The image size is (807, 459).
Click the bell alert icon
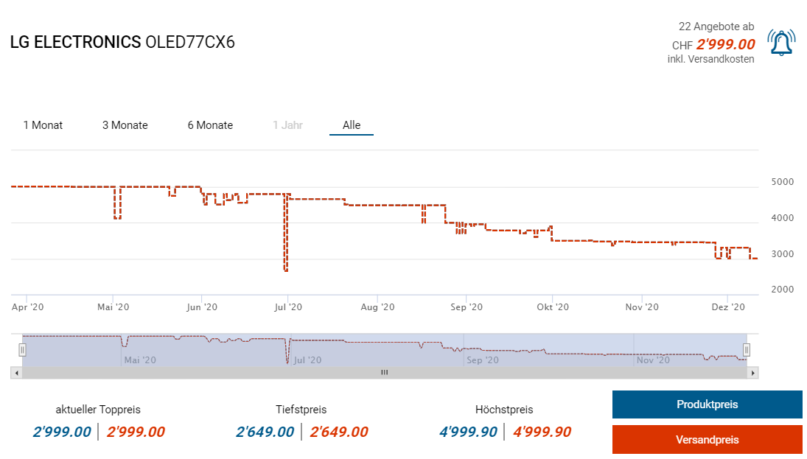[781, 43]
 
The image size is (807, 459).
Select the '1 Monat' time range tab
[43, 125]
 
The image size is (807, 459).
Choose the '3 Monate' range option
[125, 125]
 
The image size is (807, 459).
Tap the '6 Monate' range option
[210, 125]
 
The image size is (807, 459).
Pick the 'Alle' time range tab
[352, 125]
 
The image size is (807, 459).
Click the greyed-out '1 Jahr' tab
[287, 125]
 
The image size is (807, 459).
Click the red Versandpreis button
[707, 440]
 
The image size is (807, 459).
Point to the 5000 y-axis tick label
[782, 182]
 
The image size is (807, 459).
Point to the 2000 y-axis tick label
[782, 290]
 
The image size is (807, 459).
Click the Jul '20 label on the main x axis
[288, 307]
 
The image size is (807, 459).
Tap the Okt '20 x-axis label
[553, 307]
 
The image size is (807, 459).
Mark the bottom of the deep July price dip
[286, 270]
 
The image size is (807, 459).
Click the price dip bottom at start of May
[117, 218]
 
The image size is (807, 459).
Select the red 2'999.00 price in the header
[725, 44]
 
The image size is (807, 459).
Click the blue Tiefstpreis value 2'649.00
[265, 432]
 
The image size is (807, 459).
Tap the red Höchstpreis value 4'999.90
[541, 432]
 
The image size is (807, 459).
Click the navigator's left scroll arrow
[15, 373]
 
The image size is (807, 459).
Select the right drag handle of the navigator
[746, 349]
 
